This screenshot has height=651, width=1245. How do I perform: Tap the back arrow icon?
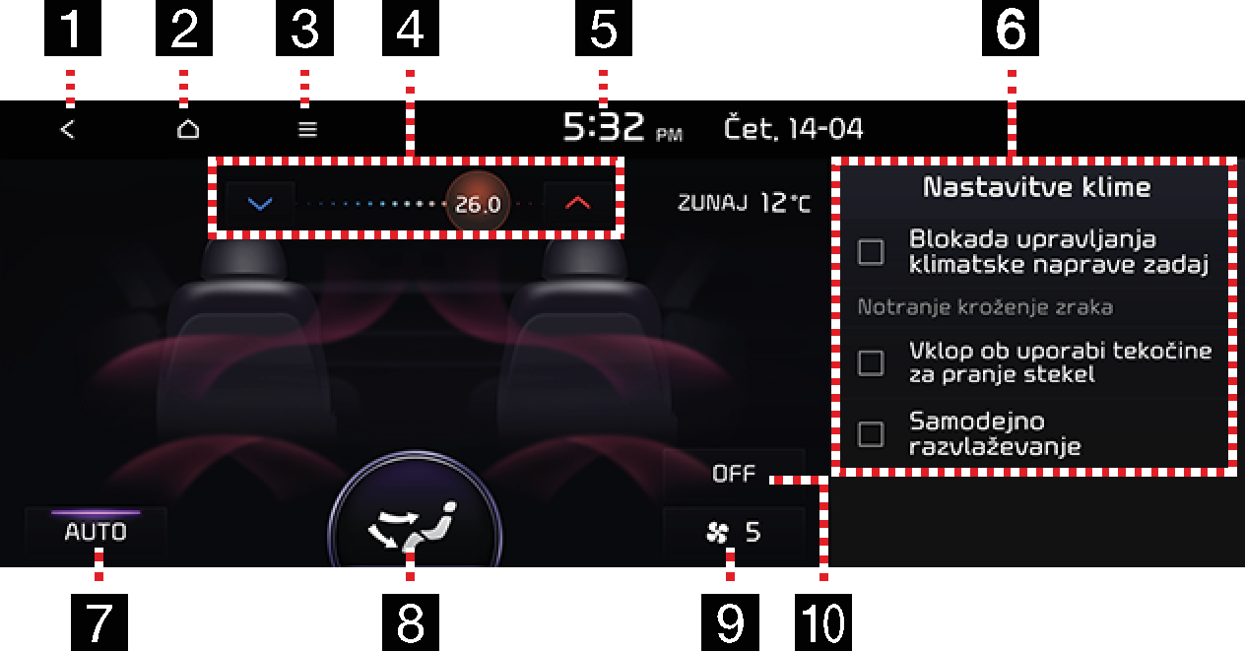(67, 130)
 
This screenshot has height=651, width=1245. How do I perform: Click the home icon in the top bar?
(188, 129)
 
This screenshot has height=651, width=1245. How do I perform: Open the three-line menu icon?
(307, 130)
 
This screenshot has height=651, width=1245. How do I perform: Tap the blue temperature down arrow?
(260, 204)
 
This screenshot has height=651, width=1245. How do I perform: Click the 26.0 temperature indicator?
(478, 204)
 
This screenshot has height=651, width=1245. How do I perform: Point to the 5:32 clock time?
(604, 127)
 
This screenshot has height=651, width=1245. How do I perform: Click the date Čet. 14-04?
(793, 128)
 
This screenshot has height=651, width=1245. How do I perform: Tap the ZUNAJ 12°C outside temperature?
(745, 203)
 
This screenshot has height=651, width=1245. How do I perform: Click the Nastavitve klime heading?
(1036, 187)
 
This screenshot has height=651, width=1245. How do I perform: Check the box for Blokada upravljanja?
(871, 252)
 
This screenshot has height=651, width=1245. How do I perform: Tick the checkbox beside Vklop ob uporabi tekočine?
(871, 363)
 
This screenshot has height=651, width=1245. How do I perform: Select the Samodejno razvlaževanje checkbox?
(871, 433)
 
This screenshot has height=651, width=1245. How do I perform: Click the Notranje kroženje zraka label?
(985, 307)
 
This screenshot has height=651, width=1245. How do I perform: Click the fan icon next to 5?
(717, 533)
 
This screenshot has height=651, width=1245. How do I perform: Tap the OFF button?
(734, 473)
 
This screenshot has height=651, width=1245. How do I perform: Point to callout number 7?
(98, 622)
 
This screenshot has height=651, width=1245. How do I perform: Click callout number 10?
(823, 622)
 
